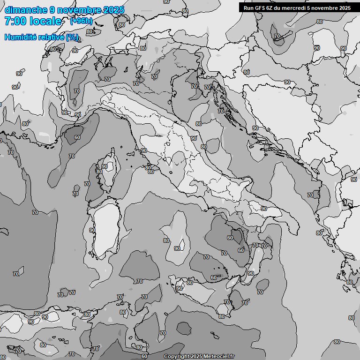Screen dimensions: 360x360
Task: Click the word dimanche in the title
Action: click(26, 10)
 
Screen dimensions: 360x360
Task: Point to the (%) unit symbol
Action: click(72, 37)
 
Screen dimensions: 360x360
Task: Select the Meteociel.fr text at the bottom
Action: click(221, 356)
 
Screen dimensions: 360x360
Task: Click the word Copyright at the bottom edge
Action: click(177, 356)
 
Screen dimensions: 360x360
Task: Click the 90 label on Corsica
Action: click(105, 166)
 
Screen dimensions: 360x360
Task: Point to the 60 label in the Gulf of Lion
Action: click(77, 137)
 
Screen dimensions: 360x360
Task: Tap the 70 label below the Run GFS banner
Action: click(277, 36)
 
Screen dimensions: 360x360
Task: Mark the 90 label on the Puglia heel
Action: click(264, 209)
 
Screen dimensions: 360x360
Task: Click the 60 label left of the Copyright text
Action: click(144, 357)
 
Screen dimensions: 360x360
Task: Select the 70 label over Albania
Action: click(310, 195)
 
